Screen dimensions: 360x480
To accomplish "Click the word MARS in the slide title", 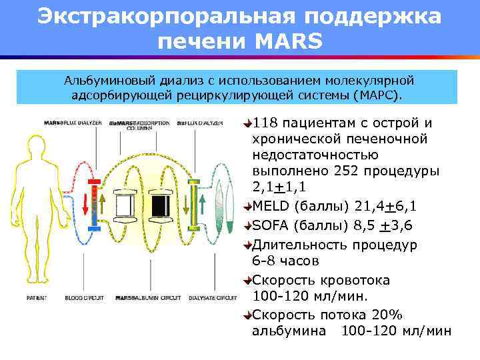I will click(288, 42).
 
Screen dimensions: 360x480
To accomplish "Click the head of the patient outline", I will click(40, 146).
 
